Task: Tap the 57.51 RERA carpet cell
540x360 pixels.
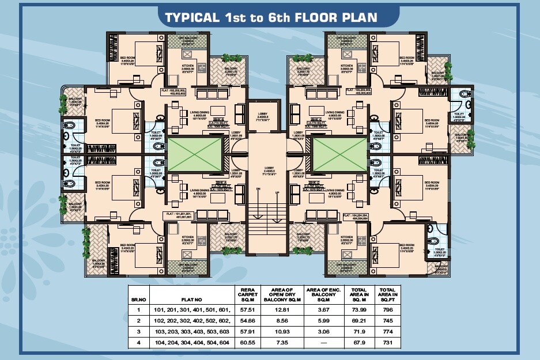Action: coord(247,309)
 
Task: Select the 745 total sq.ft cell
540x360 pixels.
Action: coord(387,320)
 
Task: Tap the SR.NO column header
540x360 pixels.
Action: coord(138,300)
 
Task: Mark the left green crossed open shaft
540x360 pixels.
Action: coord(194,154)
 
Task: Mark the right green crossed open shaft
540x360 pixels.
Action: coord(341,154)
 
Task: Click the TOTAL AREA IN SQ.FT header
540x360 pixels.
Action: coord(387,294)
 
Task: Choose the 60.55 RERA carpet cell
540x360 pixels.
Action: coord(247,343)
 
